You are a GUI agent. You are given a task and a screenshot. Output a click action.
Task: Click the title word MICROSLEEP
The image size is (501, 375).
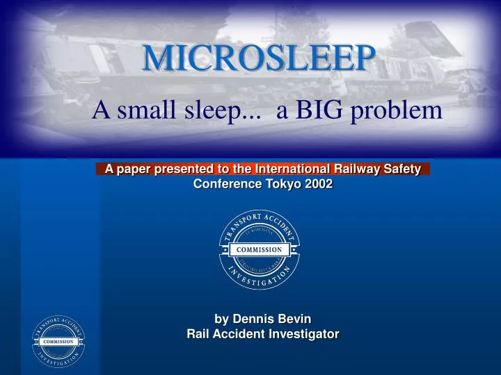click(x=255, y=58)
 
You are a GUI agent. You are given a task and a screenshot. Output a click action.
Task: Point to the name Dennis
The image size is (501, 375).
click(x=254, y=319)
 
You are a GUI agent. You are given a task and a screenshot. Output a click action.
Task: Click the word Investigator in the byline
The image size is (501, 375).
click(x=303, y=334)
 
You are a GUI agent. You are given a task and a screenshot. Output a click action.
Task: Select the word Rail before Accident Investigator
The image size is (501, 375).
click(x=200, y=334)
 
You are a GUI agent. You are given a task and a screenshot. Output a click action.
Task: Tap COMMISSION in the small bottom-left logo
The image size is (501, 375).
click(x=58, y=342)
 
